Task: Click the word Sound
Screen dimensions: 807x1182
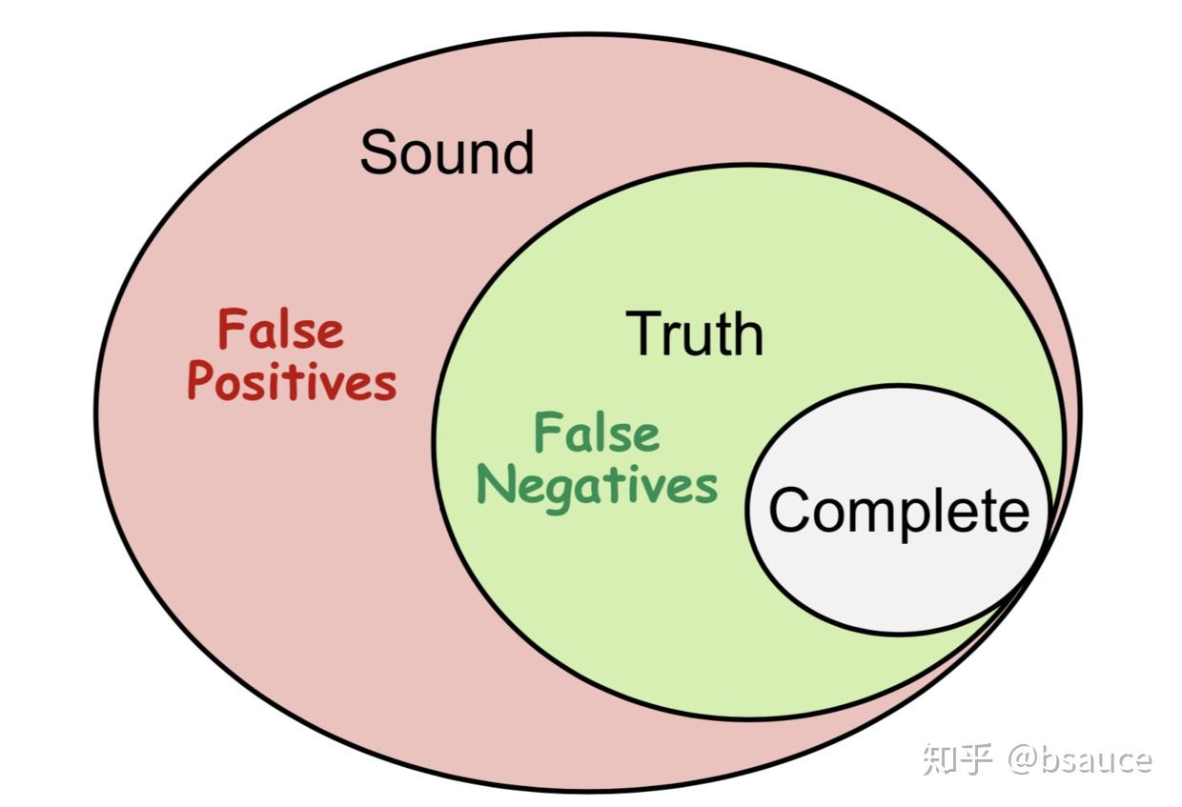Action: click(446, 152)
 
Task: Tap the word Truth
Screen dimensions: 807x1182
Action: click(695, 333)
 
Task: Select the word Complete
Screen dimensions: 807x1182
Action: click(899, 511)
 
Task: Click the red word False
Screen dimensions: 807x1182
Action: click(280, 331)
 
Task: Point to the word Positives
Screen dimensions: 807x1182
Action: click(292, 382)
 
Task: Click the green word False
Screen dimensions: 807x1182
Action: click(597, 434)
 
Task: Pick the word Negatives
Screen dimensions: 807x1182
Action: click(597, 485)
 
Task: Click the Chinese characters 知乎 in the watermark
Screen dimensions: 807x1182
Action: click(958, 759)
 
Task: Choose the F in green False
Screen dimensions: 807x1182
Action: click(546, 434)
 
